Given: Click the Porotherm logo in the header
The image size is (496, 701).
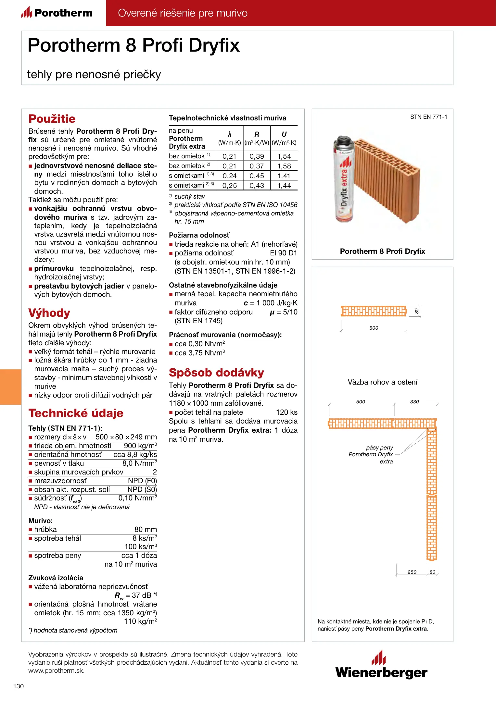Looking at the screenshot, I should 57,13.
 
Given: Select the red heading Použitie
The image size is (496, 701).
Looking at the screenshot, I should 52,119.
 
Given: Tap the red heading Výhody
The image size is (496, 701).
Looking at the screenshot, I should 49,313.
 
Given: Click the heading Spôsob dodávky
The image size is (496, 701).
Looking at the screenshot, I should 216,373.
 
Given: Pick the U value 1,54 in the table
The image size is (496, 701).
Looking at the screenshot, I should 284,156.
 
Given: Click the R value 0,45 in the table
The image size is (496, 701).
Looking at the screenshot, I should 257,176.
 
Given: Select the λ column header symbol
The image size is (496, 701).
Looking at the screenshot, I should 230,134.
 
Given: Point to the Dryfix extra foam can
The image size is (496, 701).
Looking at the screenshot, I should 344,178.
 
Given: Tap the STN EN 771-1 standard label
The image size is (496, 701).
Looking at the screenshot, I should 428,117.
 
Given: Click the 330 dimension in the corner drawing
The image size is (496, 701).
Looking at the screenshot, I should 414,402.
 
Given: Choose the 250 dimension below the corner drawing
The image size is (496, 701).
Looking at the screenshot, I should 412,572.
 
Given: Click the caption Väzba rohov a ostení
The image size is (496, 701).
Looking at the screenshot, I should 382,382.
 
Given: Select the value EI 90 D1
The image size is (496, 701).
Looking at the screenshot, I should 283,253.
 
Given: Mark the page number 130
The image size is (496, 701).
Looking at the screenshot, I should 19,686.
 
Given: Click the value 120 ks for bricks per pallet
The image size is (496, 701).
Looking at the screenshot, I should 286,412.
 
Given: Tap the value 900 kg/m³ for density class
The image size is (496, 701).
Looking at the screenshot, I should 140,446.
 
